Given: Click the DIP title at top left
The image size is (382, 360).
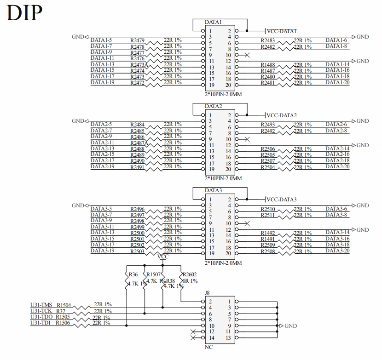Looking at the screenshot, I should (24, 13).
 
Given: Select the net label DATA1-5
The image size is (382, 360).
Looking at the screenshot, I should (101, 40).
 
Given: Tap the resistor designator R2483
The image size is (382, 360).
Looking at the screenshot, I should (268, 40).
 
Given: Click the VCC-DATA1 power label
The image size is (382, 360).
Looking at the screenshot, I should (282, 31).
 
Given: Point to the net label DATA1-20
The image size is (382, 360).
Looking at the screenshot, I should (337, 82).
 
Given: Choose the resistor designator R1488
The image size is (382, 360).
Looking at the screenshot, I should (268, 65).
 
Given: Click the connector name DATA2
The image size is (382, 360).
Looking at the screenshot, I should (214, 106).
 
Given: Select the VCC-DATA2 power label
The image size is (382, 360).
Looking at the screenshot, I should (282, 115).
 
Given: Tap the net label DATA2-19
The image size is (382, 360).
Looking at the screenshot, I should (102, 166).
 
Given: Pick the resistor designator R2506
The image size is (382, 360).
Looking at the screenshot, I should (268, 149).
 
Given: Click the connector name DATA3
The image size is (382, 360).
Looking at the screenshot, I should (214, 190).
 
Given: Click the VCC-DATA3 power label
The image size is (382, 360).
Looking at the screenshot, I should (282, 200).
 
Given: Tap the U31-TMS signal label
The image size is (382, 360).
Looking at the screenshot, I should (41, 304).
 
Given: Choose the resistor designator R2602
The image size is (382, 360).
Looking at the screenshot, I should (189, 274).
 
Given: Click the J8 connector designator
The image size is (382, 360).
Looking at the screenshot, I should (208, 292).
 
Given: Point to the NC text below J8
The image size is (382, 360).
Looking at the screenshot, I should (208, 347).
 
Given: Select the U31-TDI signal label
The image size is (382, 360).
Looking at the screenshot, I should (41, 323).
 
